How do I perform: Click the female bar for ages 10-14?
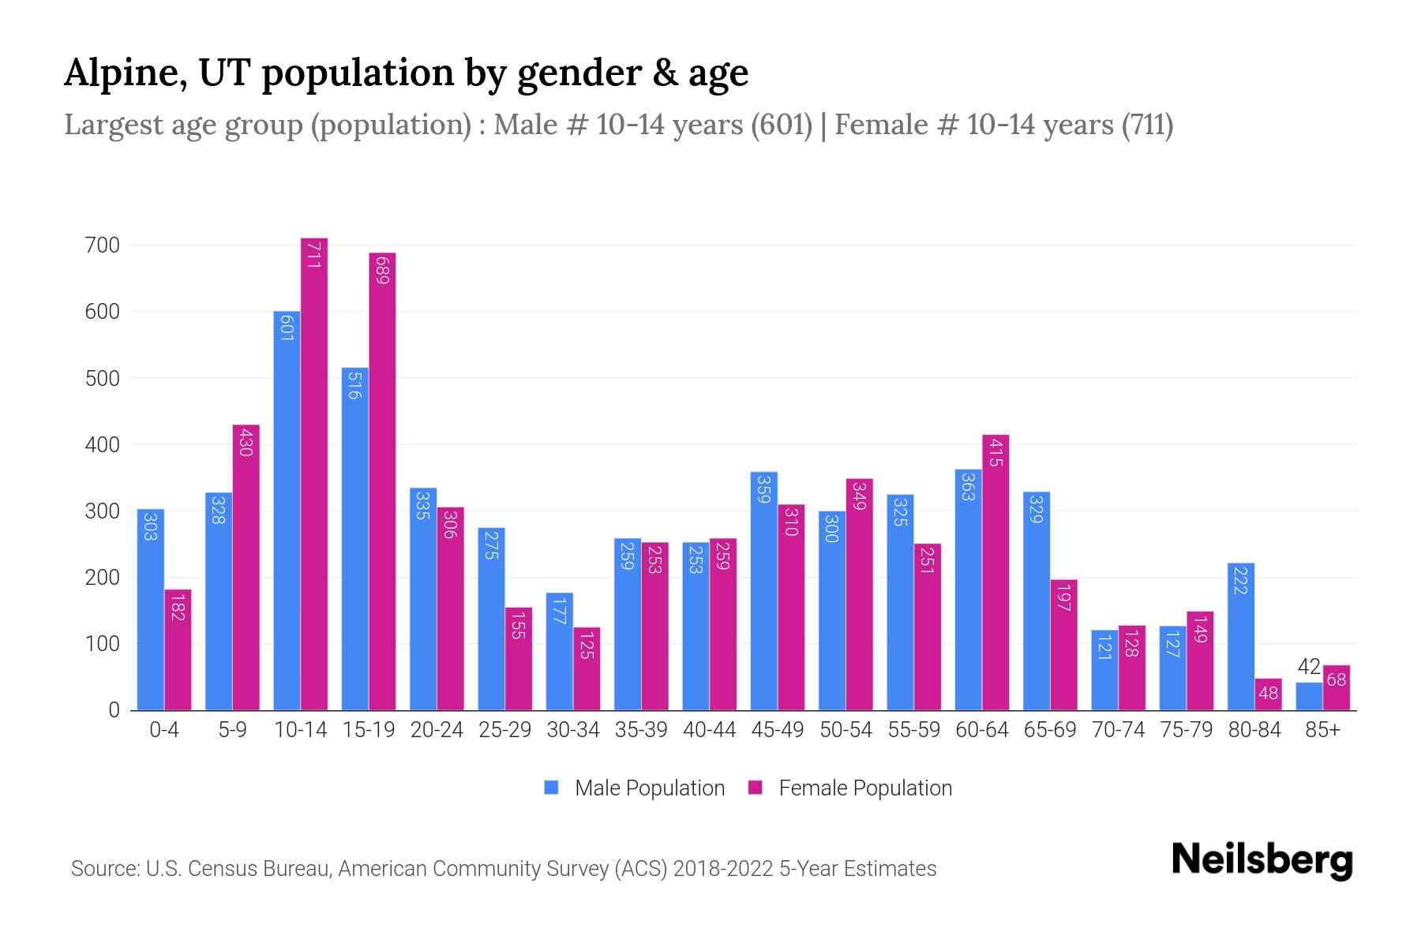coord(313,473)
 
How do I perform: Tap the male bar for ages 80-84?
coord(1241,636)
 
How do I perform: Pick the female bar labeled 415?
coord(995,572)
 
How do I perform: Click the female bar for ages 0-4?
coord(178,649)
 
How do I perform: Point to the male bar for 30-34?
coord(559,651)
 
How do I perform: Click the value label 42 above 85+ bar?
coord(1309,667)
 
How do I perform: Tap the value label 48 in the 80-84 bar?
coord(1268,694)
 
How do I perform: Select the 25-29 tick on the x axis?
coord(504,730)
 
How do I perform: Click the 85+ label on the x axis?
coord(1322,730)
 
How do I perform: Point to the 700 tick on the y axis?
coord(103,245)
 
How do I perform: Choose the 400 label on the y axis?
coord(103,445)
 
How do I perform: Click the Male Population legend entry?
coord(649,788)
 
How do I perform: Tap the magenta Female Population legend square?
coord(755,788)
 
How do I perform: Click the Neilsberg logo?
coord(1262,860)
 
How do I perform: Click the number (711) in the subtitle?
coord(1147,125)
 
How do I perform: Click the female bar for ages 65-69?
coord(1063,645)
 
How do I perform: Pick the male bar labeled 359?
coord(763,591)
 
